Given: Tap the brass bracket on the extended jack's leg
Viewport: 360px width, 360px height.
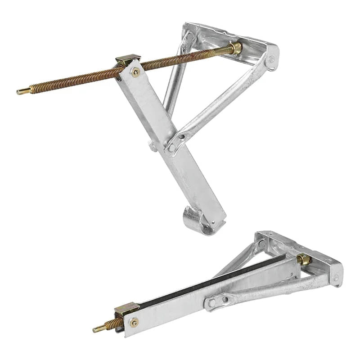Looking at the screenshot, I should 128,59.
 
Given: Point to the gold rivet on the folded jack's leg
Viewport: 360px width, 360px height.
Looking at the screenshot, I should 134,322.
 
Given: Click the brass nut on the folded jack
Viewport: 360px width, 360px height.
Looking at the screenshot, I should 303,259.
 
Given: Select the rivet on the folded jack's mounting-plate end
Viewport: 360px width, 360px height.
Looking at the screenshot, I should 335,277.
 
